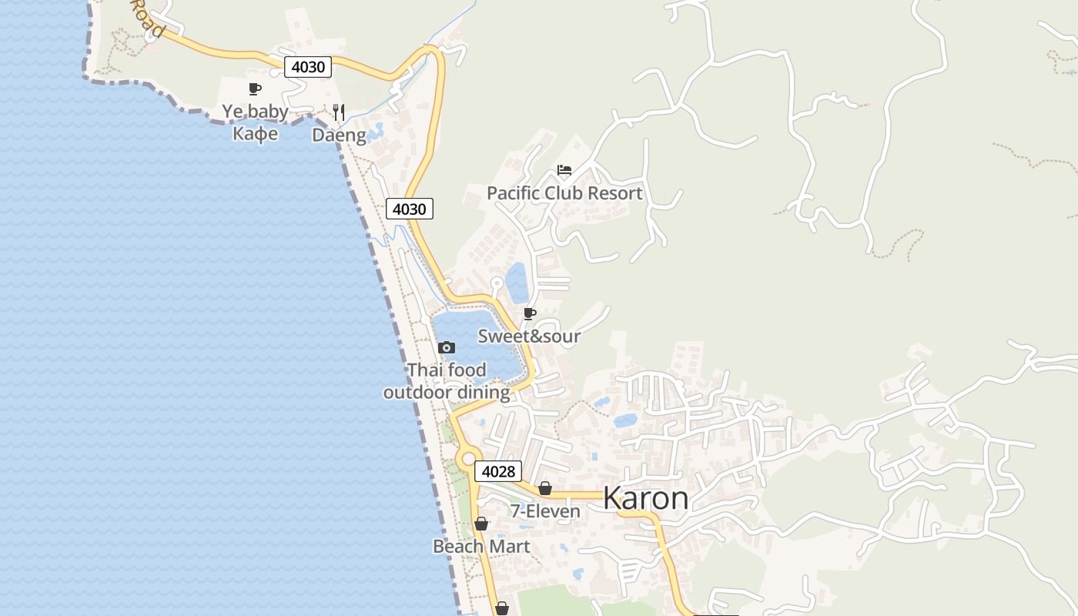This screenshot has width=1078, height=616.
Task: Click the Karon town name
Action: (645, 499)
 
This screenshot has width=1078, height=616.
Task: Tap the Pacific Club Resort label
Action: (564, 193)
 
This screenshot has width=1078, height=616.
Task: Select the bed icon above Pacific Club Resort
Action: (564, 170)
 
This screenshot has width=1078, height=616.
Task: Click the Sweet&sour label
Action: (529, 336)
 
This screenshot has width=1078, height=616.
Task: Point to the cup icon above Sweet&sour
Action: (529, 313)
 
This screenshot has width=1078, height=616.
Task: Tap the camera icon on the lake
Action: (447, 347)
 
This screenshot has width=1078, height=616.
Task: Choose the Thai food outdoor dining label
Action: (447, 381)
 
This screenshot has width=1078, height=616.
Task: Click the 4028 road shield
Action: (498, 471)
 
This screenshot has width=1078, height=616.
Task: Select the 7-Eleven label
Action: (545, 511)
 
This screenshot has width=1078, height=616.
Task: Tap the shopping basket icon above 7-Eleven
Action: (545, 488)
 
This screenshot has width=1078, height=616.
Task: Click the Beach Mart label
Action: (481, 547)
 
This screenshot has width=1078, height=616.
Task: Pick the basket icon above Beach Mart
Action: (481, 524)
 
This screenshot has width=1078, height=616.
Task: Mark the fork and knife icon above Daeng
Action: (339, 112)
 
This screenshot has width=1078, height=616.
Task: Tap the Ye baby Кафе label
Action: (255, 122)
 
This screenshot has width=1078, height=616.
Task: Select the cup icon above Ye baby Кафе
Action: (255, 89)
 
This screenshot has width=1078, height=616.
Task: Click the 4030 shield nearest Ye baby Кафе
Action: (308, 67)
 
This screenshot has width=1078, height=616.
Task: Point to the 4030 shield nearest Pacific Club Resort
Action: (409, 209)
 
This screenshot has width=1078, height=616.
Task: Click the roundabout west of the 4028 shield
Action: (467, 459)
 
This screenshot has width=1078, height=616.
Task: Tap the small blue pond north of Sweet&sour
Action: (517, 283)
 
